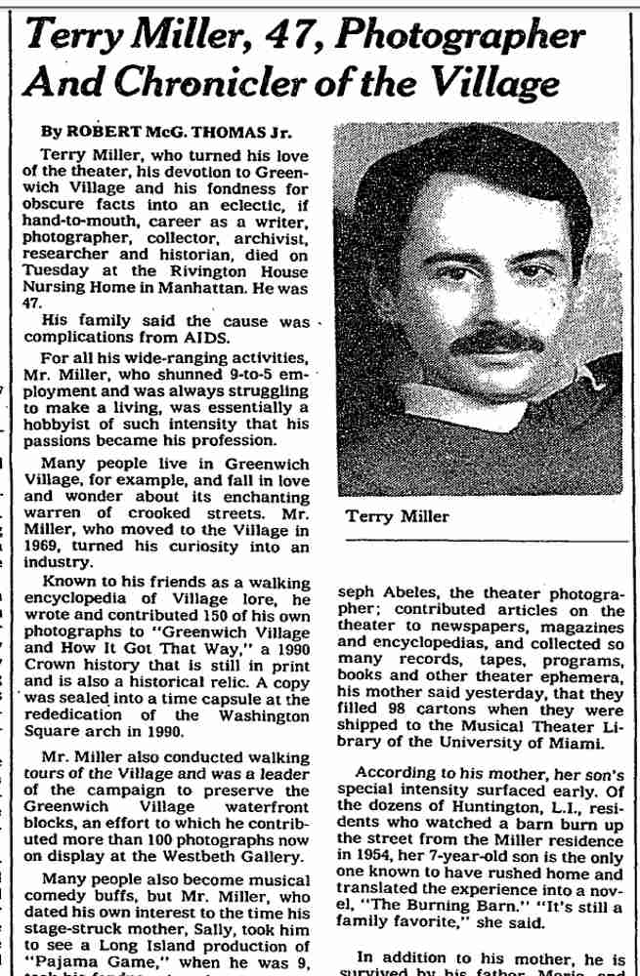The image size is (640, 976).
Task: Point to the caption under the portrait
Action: click(398, 516)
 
